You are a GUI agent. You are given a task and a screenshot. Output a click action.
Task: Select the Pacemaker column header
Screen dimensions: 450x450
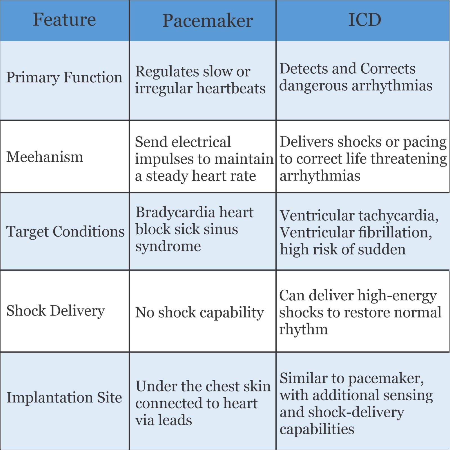(208, 21)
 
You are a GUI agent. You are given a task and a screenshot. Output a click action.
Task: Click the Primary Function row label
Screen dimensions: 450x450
(64, 78)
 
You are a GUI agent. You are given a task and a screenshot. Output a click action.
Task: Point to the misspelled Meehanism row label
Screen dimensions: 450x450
(45, 157)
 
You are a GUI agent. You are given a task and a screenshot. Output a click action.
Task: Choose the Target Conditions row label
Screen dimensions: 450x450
(65, 232)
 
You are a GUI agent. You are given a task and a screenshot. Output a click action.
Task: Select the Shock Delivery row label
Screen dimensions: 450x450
(55, 311)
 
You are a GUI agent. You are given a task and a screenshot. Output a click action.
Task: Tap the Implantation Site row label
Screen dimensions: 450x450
(64, 397)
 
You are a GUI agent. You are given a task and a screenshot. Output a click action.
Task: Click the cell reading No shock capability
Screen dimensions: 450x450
(199, 312)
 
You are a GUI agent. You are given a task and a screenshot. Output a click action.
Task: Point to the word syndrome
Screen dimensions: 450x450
(168, 246)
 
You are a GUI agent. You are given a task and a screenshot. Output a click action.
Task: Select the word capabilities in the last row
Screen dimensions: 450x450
(317, 429)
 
